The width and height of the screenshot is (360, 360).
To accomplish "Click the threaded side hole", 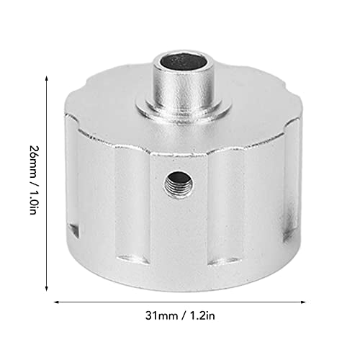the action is [x=179, y=184].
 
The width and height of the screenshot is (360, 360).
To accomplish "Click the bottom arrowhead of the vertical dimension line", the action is [x=47, y=287].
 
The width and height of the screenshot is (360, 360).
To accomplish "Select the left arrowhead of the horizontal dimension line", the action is [x=57, y=302].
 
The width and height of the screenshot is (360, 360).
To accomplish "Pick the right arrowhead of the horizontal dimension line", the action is [x=303, y=302].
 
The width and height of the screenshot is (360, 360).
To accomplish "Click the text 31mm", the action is [x=161, y=316].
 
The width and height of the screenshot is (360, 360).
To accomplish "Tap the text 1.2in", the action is [x=202, y=316].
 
